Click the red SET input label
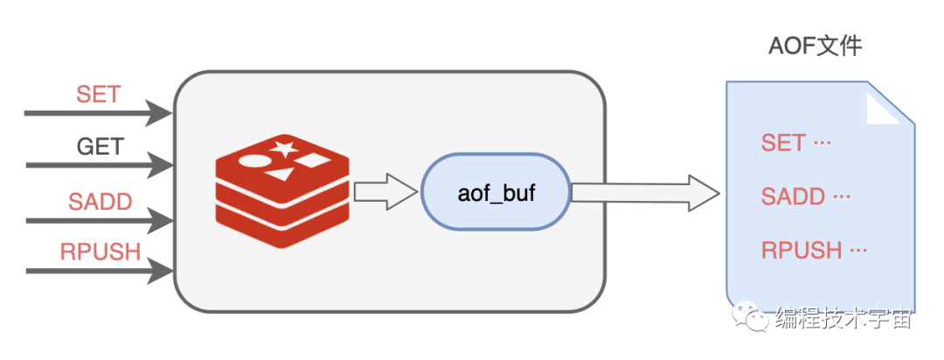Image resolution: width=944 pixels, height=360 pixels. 98,93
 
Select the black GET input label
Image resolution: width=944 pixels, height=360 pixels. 101,147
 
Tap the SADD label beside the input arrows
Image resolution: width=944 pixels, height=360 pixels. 101,202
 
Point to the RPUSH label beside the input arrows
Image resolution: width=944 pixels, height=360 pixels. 101,253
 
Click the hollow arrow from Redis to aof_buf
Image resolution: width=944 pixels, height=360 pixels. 385,191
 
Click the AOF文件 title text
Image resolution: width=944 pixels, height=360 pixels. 815,46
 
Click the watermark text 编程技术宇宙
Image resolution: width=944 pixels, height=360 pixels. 843,319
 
